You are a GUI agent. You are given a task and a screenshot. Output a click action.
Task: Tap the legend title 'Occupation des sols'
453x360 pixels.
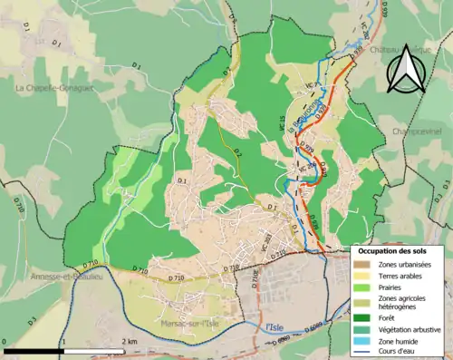tap(393, 250)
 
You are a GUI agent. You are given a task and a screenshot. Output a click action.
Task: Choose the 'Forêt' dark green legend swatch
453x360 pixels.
tap(361, 316)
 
